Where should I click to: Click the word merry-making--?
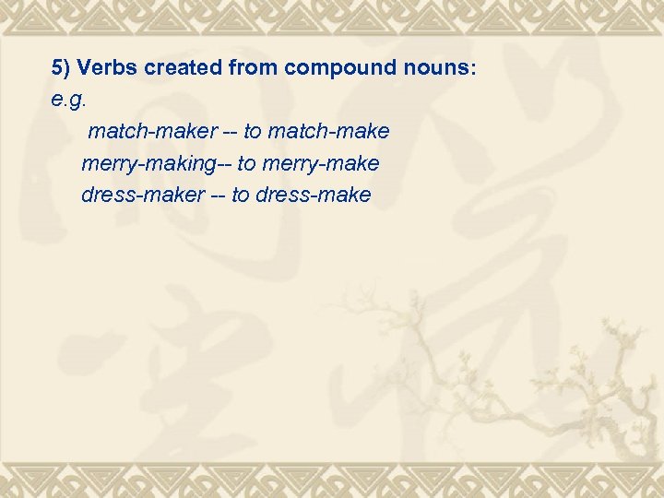click(x=156, y=164)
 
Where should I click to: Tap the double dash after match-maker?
click(x=223, y=132)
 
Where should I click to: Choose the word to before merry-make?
click(x=247, y=164)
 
